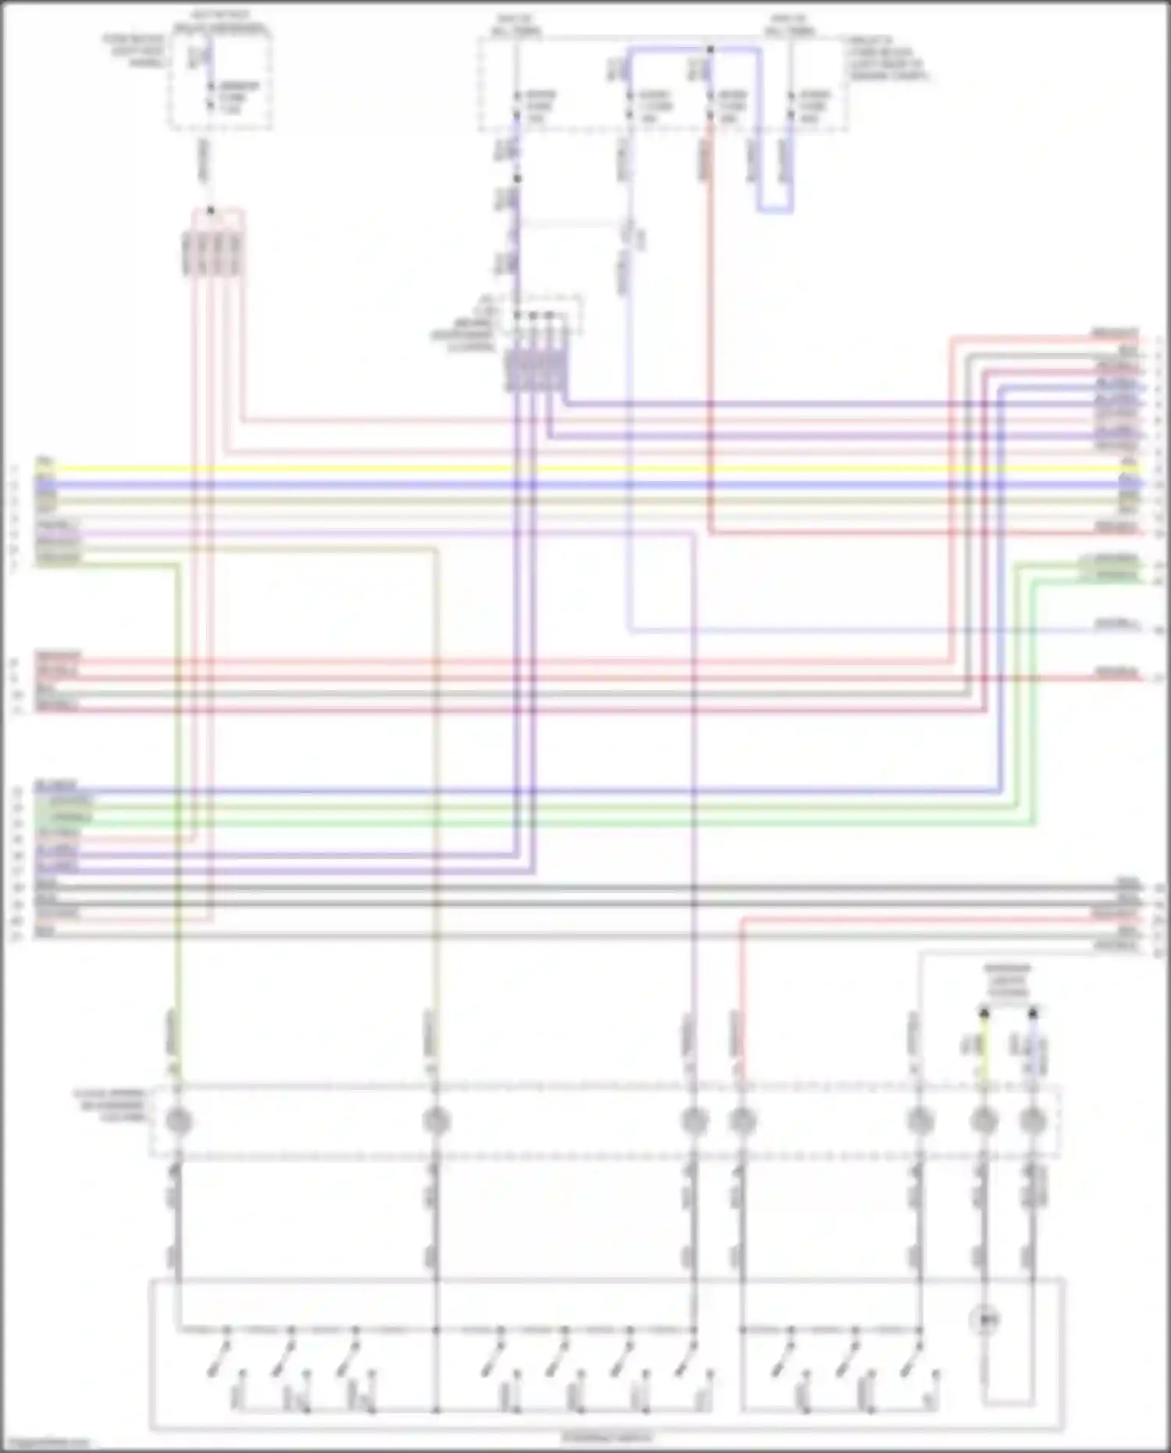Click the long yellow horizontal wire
[585, 469]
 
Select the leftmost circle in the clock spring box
[178, 1121]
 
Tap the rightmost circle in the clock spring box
[1033, 1121]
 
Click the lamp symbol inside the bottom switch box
[984, 1320]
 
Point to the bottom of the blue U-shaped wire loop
[774, 210]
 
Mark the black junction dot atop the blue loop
[710, 49]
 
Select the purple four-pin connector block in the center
[537, 371]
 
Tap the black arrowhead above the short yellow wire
[984, 1013]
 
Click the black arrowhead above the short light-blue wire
[1033, 1013]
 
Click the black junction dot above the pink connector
[210, 211]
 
